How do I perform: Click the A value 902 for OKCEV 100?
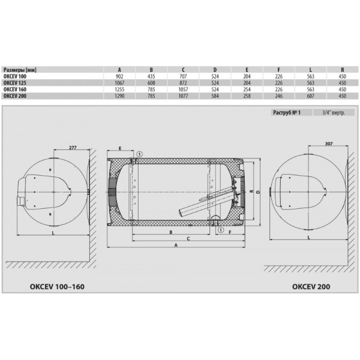119,76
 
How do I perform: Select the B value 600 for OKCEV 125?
151,83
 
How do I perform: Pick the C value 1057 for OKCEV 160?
183,89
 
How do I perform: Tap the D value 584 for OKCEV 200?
215,96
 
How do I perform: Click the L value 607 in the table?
310,96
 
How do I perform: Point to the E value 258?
247,96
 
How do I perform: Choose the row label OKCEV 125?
15,83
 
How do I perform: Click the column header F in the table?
279,70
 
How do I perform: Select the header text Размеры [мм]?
20,70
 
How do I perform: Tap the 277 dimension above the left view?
73,148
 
